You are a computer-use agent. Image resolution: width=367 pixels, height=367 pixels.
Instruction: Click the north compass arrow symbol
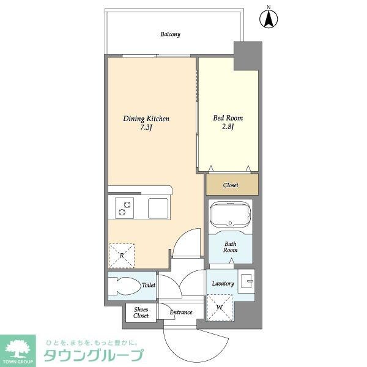(x=268, y=18)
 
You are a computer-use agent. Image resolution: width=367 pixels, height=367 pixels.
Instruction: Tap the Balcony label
(x=170, y=35)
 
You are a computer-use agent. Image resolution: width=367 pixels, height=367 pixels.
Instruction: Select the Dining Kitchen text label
(x=146, y=119)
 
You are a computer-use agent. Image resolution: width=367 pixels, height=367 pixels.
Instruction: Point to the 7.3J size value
(x=146, y=128)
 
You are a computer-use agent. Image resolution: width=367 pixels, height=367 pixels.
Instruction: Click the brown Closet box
(x=231, y=185)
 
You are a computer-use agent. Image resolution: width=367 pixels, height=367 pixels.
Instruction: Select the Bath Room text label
(x=230, y=247)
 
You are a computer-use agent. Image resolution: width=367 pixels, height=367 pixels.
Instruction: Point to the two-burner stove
(x=124, y=209)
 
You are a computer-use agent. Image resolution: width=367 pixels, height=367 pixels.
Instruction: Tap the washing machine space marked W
(x=219, y=306)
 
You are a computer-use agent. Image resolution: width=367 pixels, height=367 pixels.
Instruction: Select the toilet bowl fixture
(x=125, y=285)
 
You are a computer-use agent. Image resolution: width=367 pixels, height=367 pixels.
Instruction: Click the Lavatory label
(x=223, y=284)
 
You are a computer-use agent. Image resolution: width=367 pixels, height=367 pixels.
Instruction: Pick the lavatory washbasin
(x=248, y=282)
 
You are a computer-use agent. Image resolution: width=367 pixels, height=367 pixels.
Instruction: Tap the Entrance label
(x=181, y=313)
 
